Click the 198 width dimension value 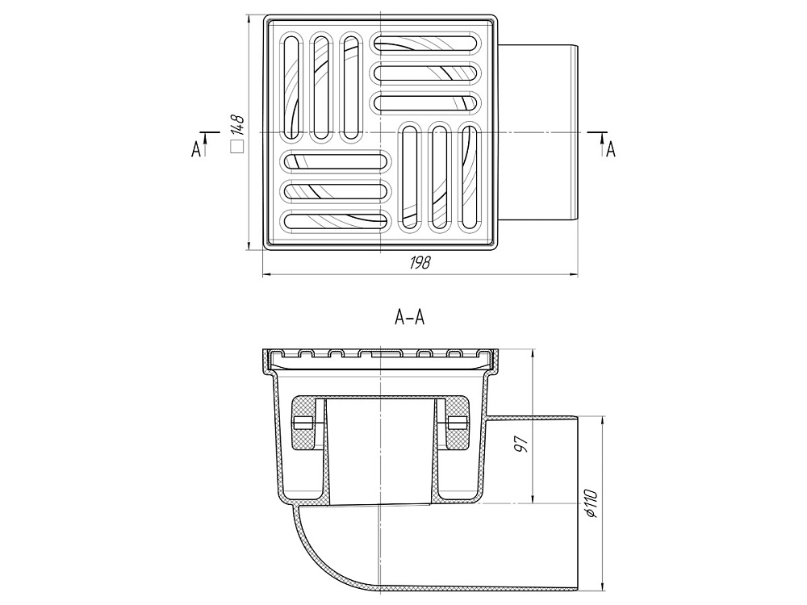pos(420,262)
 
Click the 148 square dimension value pos(237,126)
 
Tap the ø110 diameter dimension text pos(591,503)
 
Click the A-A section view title pos(410,318)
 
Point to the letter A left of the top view pos(195,150)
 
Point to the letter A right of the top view pos(611,149)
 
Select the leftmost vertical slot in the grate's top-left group pos(291,86)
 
